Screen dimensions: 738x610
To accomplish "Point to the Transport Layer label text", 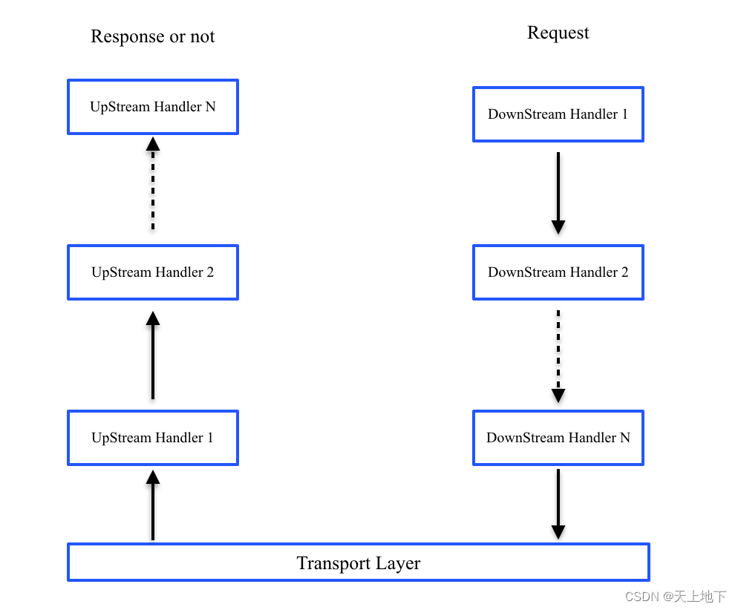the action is coord(359,563).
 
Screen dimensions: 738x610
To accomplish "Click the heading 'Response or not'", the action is coord(153,36).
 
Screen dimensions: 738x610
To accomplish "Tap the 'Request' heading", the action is coord(558,33).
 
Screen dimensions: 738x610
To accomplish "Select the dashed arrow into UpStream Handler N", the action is coord(153,183).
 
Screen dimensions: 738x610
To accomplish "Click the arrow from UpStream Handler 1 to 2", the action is coord(153,355).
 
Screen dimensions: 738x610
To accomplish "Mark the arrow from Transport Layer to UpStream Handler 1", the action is coord(153,505).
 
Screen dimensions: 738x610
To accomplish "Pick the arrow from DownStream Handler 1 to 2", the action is coord(558,193).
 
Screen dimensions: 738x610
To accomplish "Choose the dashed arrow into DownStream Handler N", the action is coord(558,356).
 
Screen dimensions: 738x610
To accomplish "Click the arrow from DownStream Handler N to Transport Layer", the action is coord(558,504).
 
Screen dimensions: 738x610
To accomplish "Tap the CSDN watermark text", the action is coord(676,597).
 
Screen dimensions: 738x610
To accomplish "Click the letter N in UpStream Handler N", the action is coord(210,107).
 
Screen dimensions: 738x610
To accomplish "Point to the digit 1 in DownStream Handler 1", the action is coord(625,114).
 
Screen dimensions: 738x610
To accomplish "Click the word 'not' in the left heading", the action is coord(203,36).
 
